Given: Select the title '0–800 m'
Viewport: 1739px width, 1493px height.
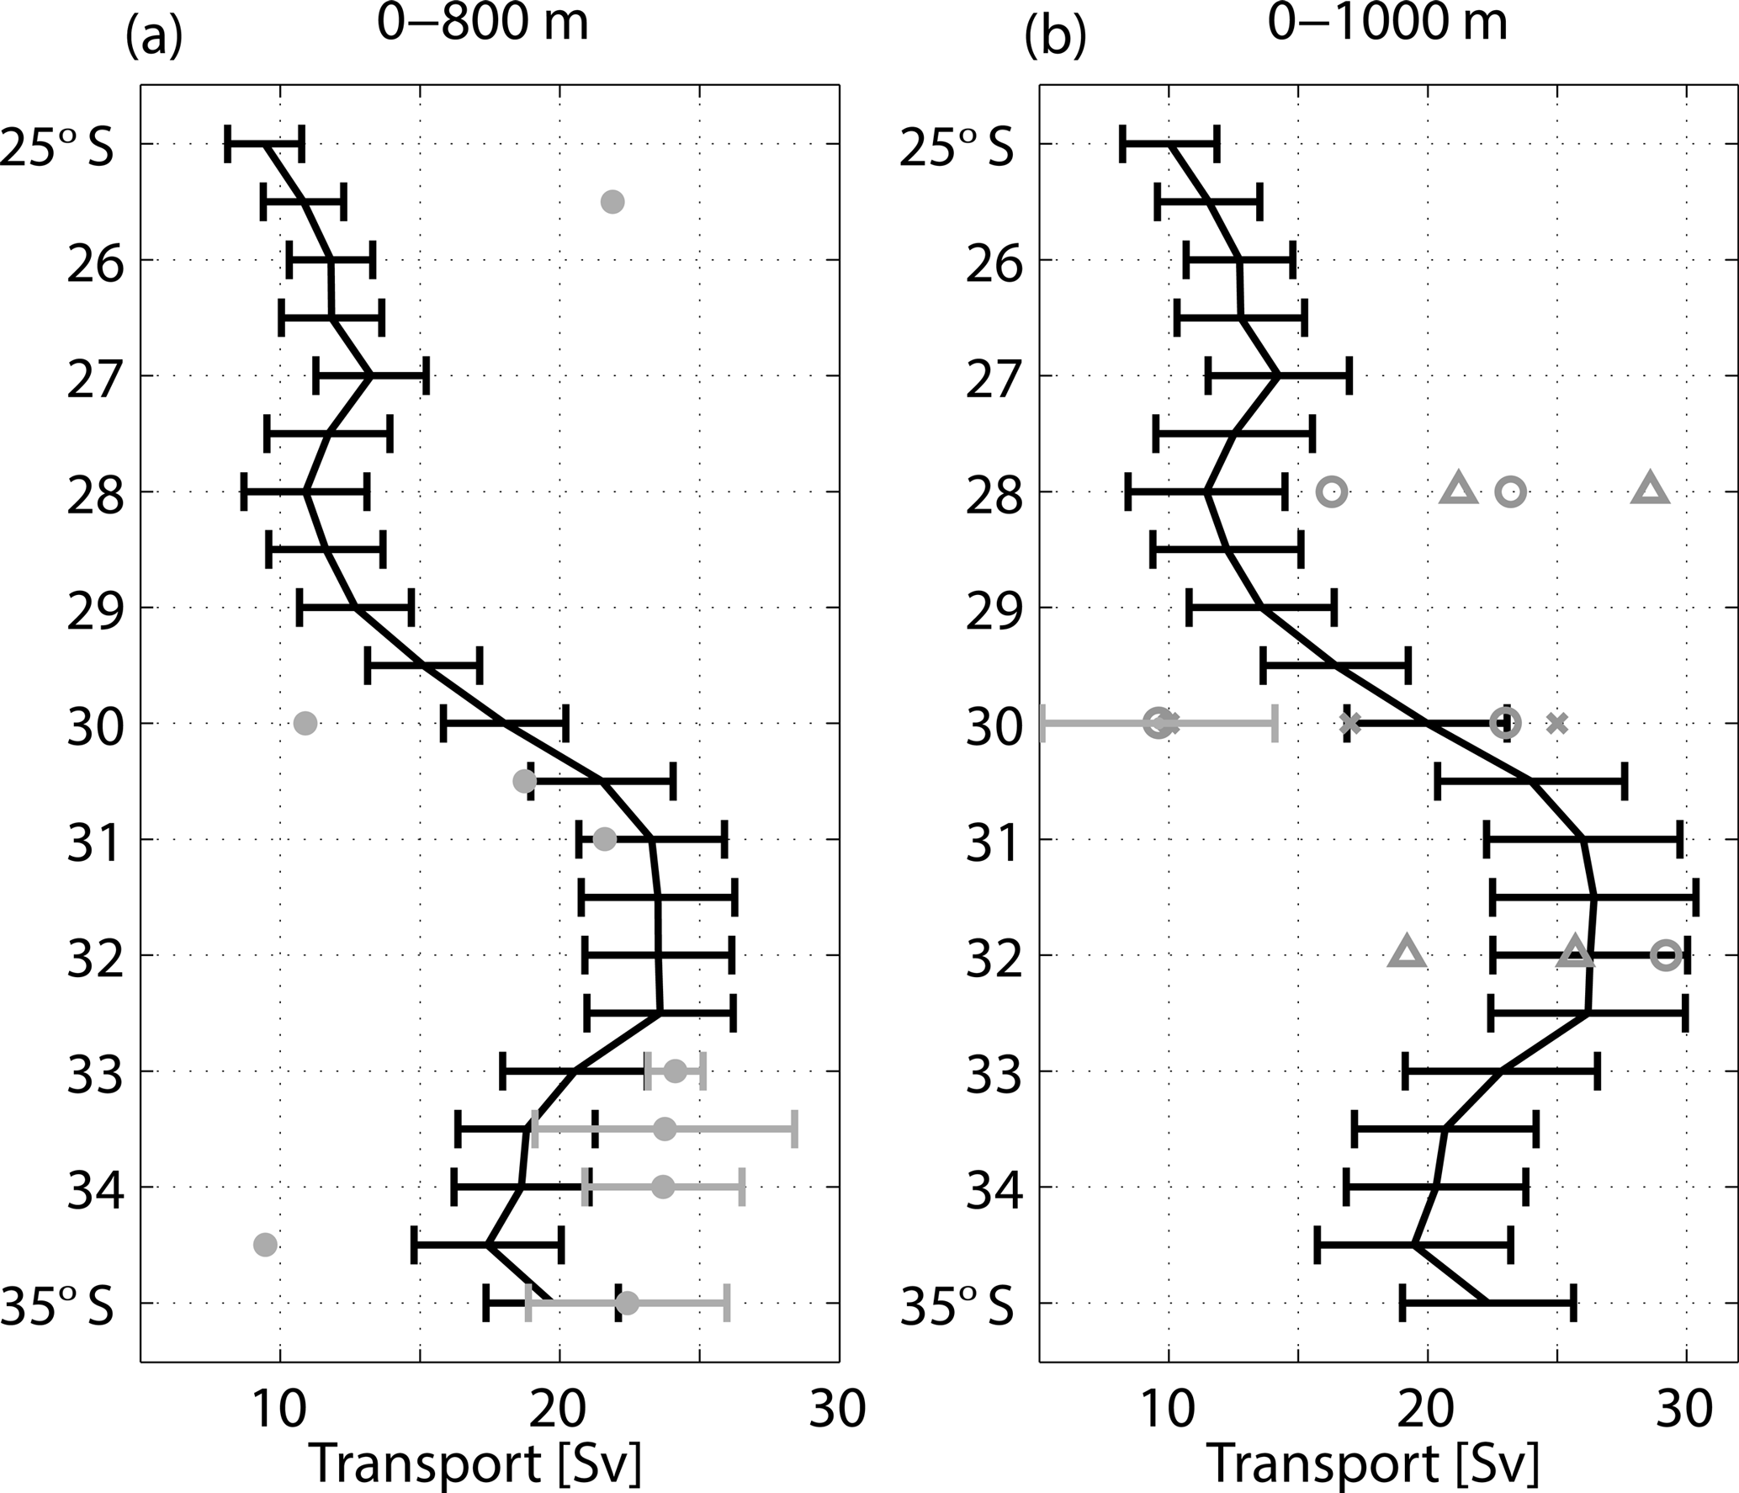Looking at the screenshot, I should coord(482,24).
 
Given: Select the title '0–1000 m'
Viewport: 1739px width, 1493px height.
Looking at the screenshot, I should coord(1388,24).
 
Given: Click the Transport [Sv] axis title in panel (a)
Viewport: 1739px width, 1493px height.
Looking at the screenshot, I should coord(476,1464).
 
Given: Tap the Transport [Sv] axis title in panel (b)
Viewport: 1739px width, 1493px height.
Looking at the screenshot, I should coord(1374,1464).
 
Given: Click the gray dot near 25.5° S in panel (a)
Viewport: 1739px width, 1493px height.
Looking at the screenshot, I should coord(612,202).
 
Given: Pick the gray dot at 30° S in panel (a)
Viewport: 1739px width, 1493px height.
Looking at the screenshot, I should coord(305,723).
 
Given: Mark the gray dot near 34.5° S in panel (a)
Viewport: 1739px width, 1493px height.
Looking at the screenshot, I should coord(265,1245).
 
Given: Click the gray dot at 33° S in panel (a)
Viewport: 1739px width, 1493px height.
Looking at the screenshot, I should coord(675,1071).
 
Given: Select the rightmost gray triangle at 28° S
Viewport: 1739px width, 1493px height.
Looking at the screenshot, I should coord(1650,490).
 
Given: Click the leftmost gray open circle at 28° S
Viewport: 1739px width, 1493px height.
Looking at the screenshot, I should coord(1332,491).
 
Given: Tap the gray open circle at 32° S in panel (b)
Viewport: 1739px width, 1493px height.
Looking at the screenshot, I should coord(1666,955).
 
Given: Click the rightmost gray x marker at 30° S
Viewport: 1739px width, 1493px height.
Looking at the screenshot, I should coord(1557,723).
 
